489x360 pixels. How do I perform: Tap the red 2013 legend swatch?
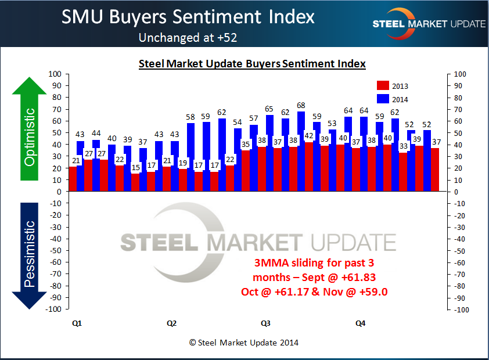(383, 86)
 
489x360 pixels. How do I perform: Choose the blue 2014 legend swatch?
(383, 99)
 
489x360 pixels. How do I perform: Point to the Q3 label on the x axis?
(265, 323)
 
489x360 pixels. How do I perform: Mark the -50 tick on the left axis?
(56, 251)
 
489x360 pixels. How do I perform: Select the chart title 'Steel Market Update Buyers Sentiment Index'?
(252, 64)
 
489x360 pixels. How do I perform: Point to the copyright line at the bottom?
(244, 343)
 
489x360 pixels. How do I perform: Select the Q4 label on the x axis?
(360, 323)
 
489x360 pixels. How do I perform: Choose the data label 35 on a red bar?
(246, 145)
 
